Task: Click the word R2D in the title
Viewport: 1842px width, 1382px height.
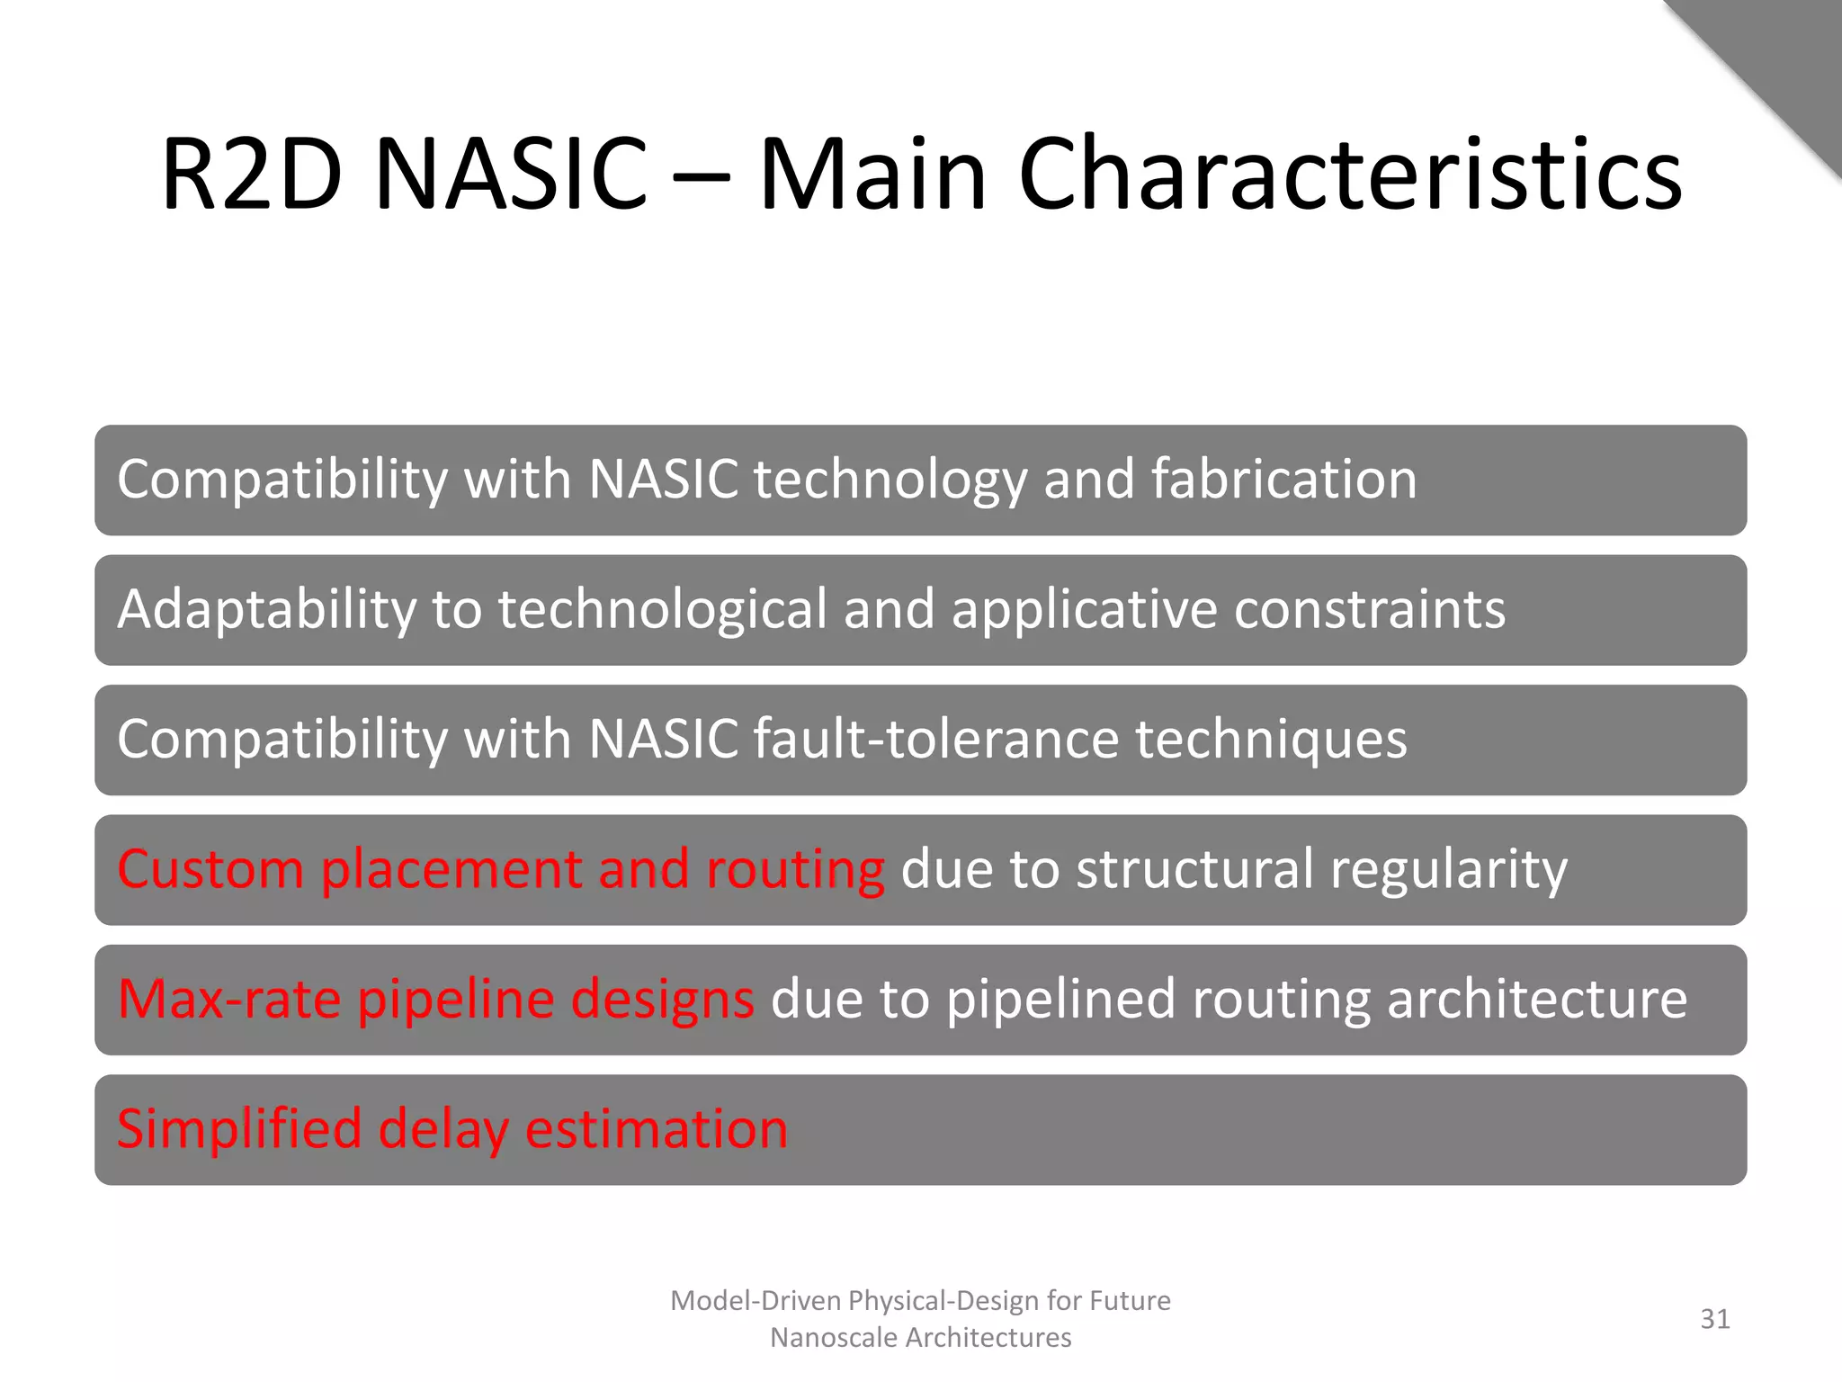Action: coord(251,174)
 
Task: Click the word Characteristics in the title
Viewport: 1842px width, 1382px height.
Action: coord(1349,174)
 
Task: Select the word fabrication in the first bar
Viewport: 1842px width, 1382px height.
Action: coord(1283,479)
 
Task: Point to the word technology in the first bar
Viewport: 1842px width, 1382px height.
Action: coord(890,480)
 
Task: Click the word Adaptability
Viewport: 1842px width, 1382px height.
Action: coord(267,610)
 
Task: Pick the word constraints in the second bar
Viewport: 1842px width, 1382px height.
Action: coord(1369,610)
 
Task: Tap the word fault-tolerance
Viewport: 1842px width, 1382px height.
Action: coord(935,740)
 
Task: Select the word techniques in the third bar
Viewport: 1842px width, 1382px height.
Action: coord(1270,740)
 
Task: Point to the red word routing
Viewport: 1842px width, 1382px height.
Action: coord(795,871)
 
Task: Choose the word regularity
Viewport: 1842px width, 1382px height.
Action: coord(1448,871)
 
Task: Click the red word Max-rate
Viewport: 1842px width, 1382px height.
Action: coord(229,1000)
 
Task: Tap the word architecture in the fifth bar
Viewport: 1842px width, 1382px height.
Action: coord(1536,1000)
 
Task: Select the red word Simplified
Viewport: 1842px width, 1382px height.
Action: coord(238,1129)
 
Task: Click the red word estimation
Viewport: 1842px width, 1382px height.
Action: coord(656,1129)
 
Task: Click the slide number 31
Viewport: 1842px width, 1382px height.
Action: coord(1714,1319)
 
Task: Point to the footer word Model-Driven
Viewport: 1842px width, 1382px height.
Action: coord(756,1301)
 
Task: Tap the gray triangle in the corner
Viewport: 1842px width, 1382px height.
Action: coord(1785,54)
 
